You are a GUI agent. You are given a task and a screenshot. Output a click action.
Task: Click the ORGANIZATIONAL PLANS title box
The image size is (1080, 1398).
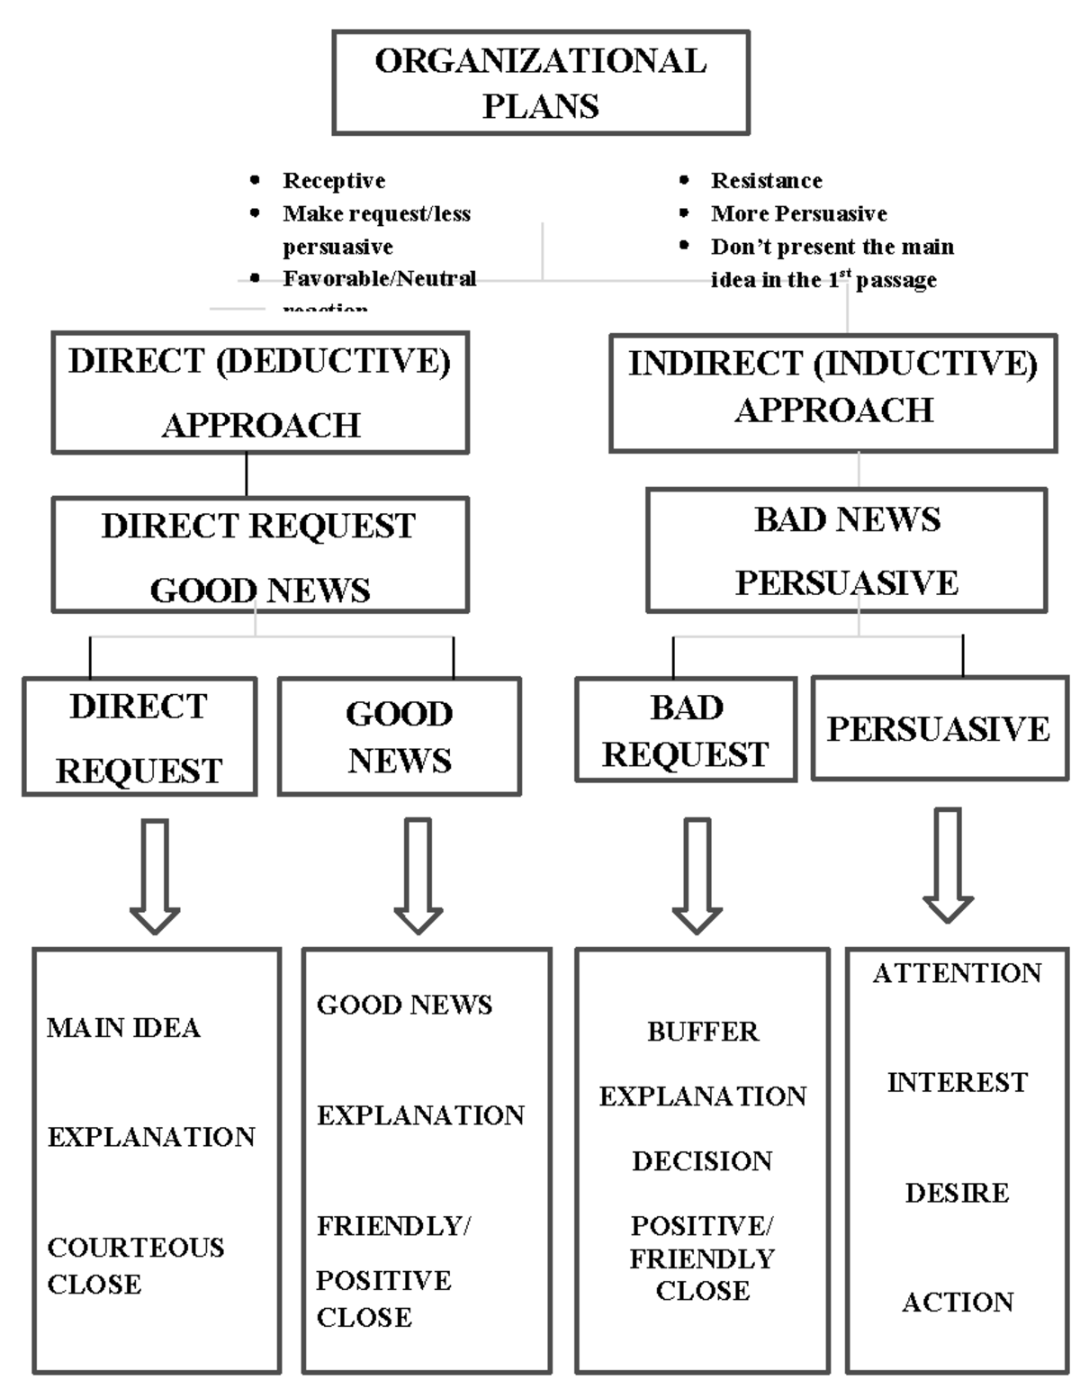[x=540, y=83]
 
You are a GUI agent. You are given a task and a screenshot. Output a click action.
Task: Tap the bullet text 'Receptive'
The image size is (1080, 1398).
[x=334, y=181]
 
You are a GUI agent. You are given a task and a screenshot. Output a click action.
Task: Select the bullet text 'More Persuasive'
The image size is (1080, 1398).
[x=798, y=214]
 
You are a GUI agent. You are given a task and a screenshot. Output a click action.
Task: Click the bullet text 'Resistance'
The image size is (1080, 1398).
[x=766, y=181]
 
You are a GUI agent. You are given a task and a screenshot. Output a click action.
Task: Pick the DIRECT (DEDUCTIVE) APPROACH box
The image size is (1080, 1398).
[x=260, y=392]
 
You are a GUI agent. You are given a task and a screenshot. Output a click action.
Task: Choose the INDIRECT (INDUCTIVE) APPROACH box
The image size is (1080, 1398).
[x=832, y=393]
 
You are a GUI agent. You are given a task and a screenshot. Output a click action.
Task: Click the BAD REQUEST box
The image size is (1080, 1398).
[x=686, y=731]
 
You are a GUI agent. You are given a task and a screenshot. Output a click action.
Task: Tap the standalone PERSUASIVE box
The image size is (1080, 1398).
[x=939, y=728]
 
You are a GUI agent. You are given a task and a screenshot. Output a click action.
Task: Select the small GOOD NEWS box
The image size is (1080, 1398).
[x=400, y=736]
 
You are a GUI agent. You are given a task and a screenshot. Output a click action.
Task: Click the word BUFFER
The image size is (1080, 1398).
[x=703, y=1032]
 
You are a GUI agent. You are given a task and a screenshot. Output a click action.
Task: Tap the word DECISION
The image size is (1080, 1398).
[x=702, y=1161]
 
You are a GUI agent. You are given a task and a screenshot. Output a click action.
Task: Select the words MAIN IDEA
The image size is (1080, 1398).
[x=123, y=1028]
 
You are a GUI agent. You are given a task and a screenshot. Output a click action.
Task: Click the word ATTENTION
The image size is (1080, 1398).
[x=957, y=973]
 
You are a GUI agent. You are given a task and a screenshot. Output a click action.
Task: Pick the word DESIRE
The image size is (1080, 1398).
[x=957, y=1193]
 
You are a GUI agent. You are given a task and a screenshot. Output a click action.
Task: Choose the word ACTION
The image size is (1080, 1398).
[x=958, y=1302]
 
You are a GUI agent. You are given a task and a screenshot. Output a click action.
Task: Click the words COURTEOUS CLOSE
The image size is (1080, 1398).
[x=135, y=1265]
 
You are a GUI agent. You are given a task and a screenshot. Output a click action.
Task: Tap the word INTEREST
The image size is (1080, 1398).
[x=957, y=1082]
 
